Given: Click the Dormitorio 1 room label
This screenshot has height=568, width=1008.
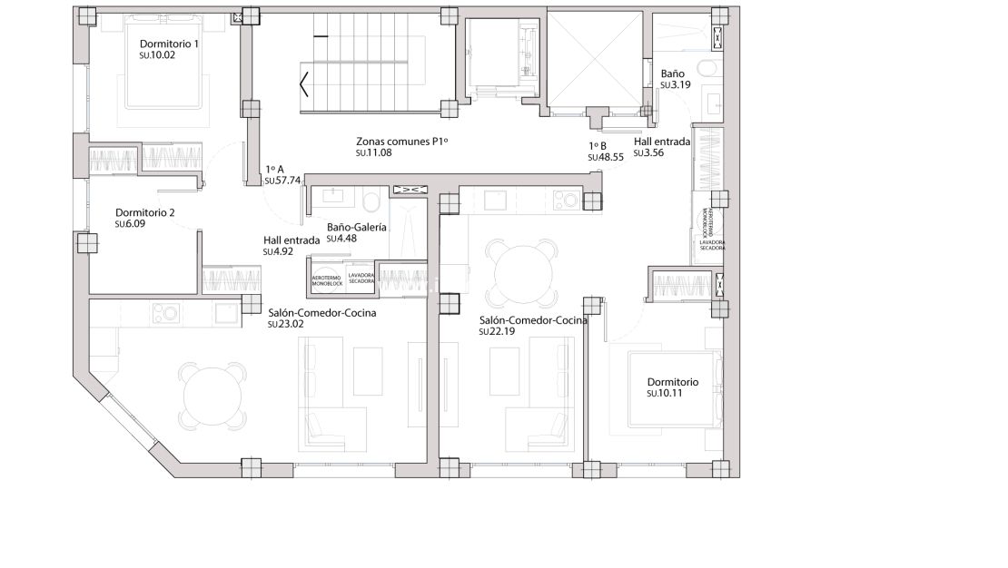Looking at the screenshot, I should tap(169, 44).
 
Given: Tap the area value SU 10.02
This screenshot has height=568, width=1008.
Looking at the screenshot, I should tap(156, 55).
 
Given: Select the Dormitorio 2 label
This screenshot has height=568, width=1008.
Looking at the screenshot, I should tap(144, 212).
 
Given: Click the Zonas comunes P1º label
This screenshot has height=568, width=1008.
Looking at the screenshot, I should tap(402, 142).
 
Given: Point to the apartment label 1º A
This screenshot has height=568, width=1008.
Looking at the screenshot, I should tap(275, 169).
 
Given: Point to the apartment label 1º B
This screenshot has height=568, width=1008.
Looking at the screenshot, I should tap(598, 145).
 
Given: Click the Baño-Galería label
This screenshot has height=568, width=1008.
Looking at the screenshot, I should tap(357, 228).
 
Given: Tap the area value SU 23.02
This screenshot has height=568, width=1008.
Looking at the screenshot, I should tap(285, 324).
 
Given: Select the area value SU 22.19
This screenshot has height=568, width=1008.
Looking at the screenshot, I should tap(496, 332).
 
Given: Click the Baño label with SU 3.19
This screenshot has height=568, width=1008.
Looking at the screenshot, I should tap(674, 73).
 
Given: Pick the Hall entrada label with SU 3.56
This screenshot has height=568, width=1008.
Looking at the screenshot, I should tap(661, 142).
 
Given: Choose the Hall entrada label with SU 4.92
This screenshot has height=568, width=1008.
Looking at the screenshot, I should tap(291, 240).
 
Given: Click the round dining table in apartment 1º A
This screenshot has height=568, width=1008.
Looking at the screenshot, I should tap(213, 396).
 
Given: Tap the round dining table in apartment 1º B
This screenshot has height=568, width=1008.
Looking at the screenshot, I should tap(522, 271).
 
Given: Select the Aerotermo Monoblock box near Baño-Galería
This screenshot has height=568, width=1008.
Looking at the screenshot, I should tap(327, 280).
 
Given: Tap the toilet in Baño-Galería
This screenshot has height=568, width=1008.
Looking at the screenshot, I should tap(371, 199).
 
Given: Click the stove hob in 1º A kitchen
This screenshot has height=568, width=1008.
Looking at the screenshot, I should tap(166, 314).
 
